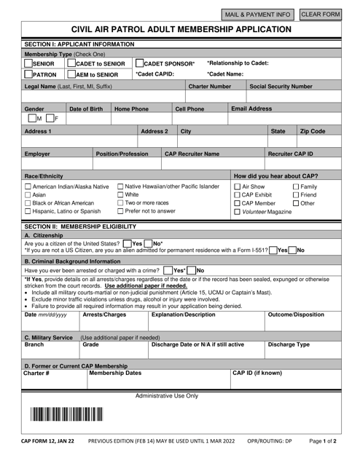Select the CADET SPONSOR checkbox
click(139, 63)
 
